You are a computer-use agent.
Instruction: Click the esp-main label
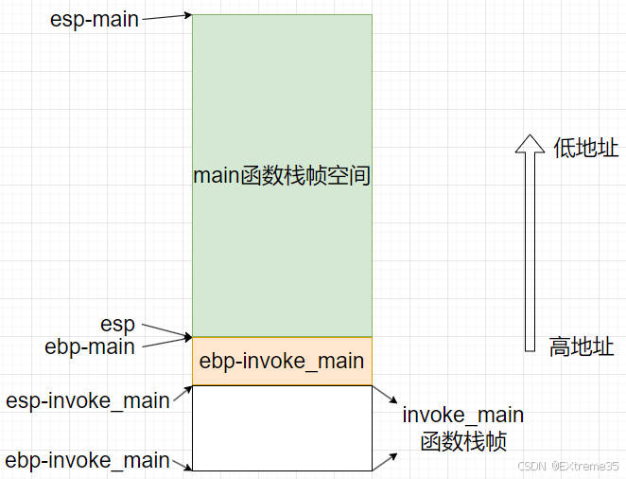coord(95,19)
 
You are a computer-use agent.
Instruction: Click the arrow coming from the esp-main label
coord(165,17)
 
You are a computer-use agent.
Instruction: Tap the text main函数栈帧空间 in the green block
coord(282,175)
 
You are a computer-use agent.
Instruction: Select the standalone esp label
coord(117,325)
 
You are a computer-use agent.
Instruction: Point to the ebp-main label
coord(90,346)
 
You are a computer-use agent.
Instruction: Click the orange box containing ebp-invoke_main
coord(282,361)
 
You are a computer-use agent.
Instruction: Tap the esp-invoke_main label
coord(88,400)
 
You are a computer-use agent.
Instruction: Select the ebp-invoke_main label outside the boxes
coord(88,461)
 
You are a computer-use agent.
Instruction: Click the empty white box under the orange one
coord(282,427)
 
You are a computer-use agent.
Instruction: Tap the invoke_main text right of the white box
coord(462,416)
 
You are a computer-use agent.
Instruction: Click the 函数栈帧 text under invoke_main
coord(463,440)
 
